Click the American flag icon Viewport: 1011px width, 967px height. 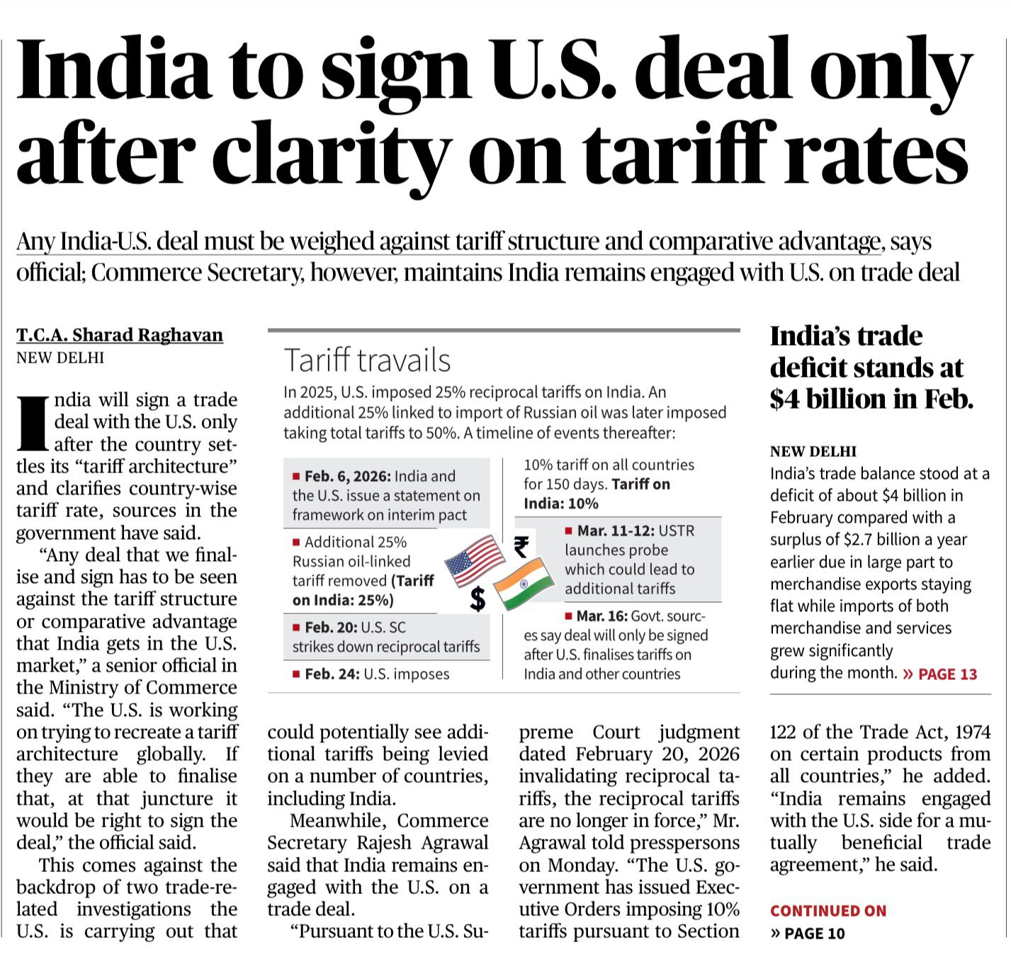point(474,560)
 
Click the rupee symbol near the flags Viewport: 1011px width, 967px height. point(521,546)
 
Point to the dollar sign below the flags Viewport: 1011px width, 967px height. point(478,599)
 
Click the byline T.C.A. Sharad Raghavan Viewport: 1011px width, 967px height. point(120,335)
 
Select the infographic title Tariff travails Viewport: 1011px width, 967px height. point(367,361)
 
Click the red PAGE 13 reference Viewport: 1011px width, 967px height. point(947,674)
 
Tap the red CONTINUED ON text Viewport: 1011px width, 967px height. point(828,911)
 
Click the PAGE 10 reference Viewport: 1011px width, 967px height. point(814,934)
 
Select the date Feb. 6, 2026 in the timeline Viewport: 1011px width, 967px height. point(347,477)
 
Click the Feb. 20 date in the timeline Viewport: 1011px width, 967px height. point(331,628)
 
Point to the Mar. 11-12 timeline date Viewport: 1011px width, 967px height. point(615,531)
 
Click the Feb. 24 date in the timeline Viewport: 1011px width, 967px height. point(332,674)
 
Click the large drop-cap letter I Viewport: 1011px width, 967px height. point(33,424)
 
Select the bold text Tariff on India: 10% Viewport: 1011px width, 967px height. point(597,494)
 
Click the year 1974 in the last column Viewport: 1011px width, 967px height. point(968,732)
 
